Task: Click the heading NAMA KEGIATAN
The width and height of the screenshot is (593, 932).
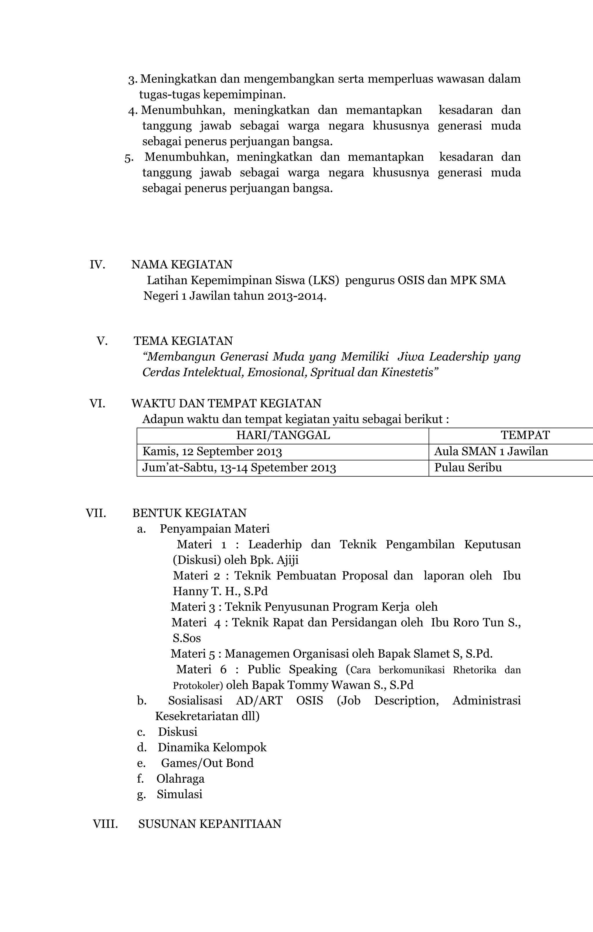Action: tap(182, 264)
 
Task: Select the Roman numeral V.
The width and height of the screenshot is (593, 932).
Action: tap(102, 341)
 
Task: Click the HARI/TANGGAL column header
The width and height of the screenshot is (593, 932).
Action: tap(283, 435)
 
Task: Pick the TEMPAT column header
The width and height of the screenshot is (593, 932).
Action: tap(525, 435)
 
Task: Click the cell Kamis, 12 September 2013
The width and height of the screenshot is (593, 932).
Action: tap(212, 452)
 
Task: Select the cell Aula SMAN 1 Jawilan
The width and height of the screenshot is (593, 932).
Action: tap(491, 451)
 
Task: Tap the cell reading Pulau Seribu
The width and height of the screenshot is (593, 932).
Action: tap(468, 468)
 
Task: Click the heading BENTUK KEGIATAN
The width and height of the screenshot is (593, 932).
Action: tap(189, 513)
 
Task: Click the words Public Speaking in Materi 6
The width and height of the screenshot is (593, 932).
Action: tap(292, 669)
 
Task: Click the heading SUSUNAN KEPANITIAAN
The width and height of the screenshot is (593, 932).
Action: tap(209, 824)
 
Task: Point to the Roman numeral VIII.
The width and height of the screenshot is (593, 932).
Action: tap(105, 824)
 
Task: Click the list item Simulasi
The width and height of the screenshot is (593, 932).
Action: tap(179, 794)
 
